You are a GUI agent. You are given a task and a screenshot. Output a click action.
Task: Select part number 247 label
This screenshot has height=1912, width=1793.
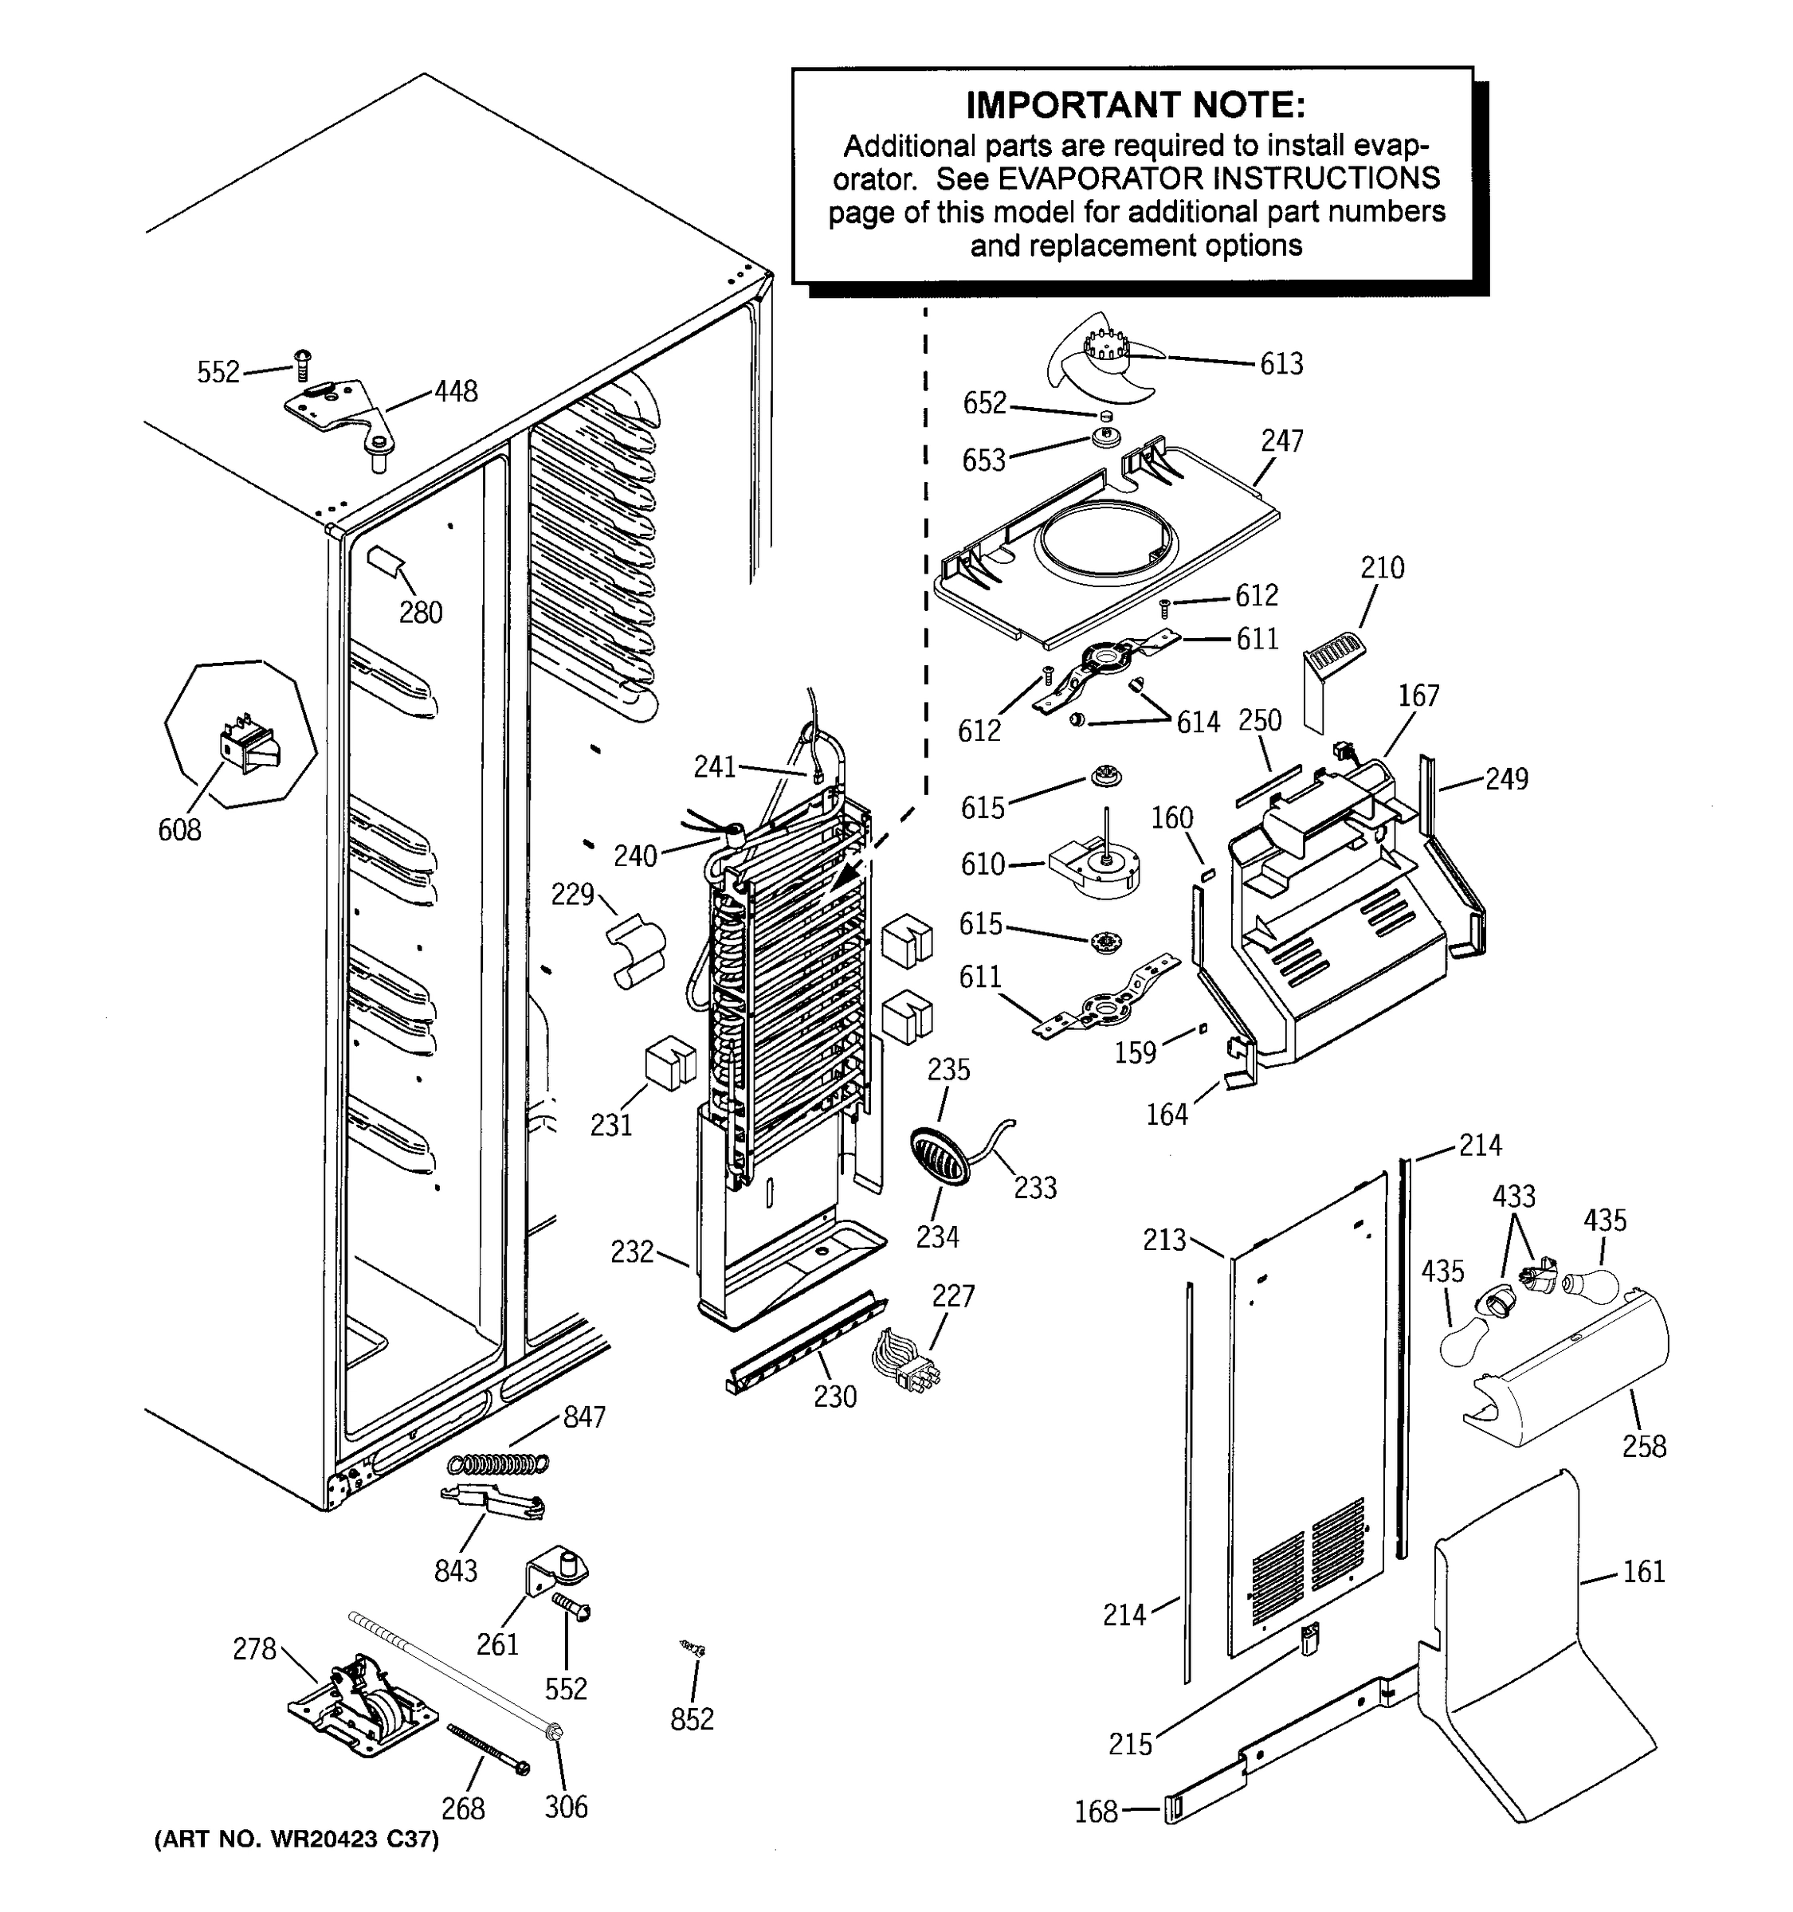[1281, 441]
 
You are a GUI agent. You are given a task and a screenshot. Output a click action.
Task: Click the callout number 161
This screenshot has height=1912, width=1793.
[1643, 1572]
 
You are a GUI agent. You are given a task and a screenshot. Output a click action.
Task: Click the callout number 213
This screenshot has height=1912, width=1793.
[1164, 1240]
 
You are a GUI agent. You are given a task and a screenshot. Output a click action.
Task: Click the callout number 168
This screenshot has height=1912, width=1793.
[1096, 1811]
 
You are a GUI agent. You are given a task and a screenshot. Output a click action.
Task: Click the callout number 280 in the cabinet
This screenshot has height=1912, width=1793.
[420, 612]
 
